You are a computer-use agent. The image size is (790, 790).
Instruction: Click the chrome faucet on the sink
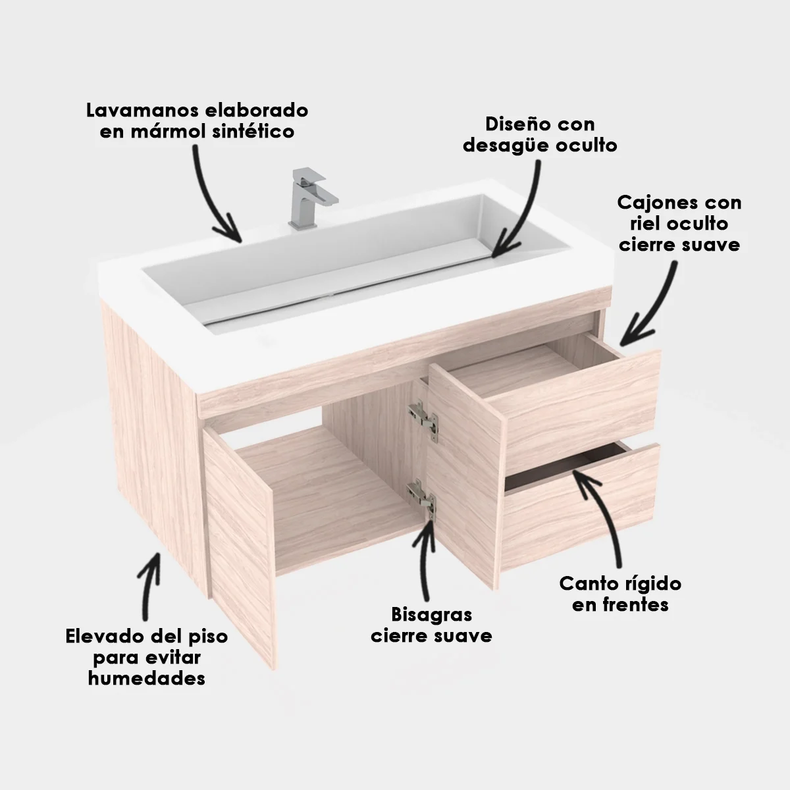coord(310,198)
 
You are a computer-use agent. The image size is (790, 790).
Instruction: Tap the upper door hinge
coord(423,421)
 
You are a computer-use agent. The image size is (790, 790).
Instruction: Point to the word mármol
coord(174,132)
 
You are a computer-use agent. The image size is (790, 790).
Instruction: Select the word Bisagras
coord(432,614)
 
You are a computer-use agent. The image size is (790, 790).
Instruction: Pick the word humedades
coord(147,679)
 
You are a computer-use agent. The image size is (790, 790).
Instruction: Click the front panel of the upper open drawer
coord(574,406)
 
